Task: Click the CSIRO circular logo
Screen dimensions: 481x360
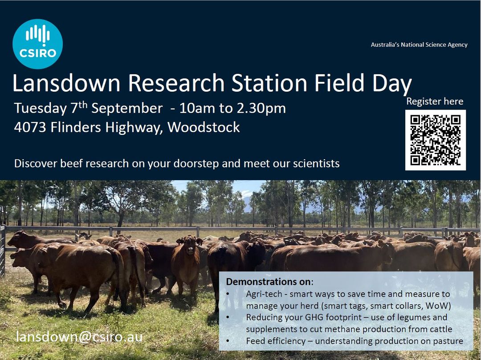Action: (37, 44)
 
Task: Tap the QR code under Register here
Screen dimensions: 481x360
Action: (435, 140)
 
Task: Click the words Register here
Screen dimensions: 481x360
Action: (435, 101)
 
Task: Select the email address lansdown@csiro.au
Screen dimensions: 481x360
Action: (79, 337)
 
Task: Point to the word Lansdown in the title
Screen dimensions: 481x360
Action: (66, 83)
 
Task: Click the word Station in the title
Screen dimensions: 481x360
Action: (269, 83)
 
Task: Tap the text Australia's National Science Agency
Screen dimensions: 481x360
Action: (419, 45)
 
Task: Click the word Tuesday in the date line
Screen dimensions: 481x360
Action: (40, 109)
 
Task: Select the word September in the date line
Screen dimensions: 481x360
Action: (127, 109)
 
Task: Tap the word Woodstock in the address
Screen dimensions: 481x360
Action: (204, 127)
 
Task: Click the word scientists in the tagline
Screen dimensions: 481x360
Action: (316, 163)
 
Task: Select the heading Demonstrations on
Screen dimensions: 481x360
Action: (269, 282)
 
